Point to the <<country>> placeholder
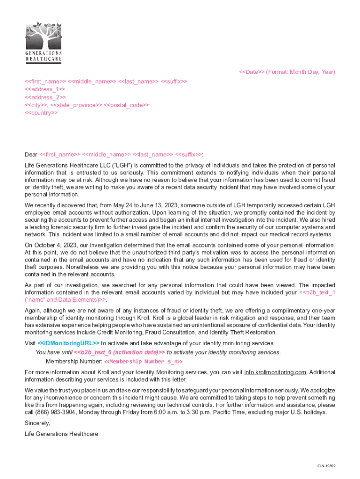(41, 113)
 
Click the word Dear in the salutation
(31, 154)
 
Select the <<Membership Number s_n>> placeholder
(143, 362)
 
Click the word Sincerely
(37, 423)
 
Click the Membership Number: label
(73, 362)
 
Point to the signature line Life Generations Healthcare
(61, 434)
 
